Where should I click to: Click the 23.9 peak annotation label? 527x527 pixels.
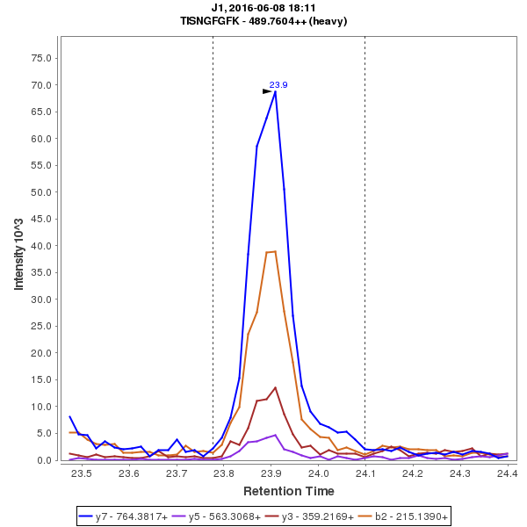278,85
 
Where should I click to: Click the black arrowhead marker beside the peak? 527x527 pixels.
267,90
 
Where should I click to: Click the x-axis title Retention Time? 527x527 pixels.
288,490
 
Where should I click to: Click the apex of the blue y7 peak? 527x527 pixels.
276,91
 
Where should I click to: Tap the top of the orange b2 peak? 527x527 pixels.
275,251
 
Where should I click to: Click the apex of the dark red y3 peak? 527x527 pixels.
276,387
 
